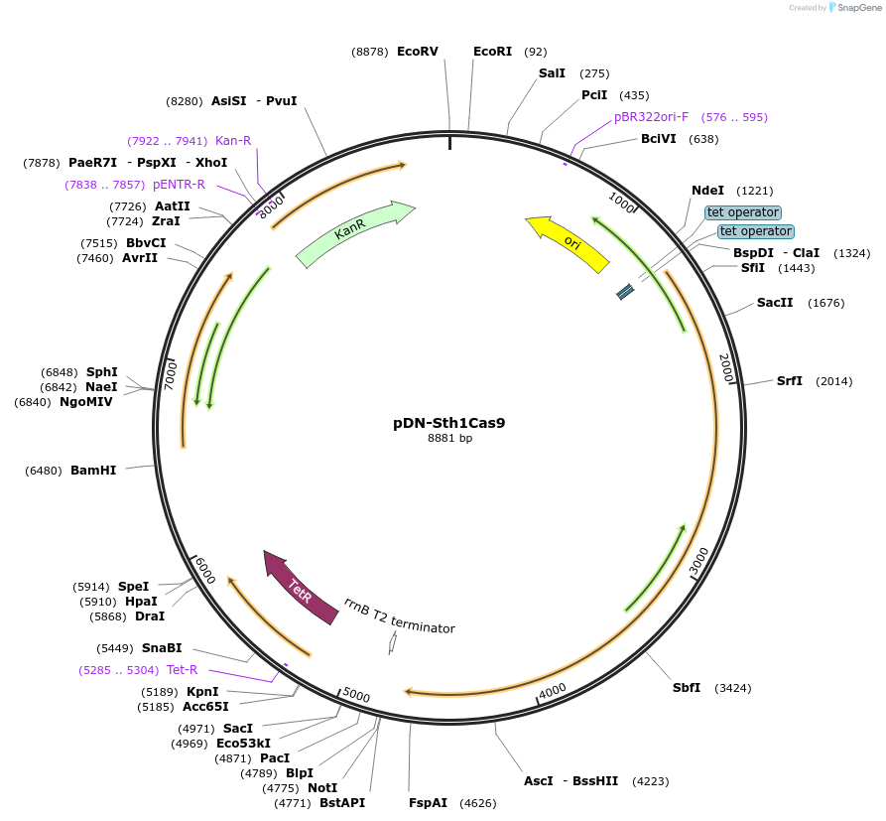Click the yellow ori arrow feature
tap(568, 242)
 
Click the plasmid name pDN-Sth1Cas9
tap(449, 422)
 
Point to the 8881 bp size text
tap(449, 438)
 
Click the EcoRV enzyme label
tap(417, 52)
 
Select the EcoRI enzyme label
tap(492, 52)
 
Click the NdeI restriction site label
tap(707, 191)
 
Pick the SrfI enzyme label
tap(790, 381)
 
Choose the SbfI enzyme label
tap(687, 688)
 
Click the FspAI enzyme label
tap(428, 802)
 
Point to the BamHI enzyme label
tap(93, 471)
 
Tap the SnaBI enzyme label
tap(162, 648)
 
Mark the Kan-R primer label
tap(233, 141)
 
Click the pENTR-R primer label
tap(179, 185)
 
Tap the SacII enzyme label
tap(775, 303)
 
